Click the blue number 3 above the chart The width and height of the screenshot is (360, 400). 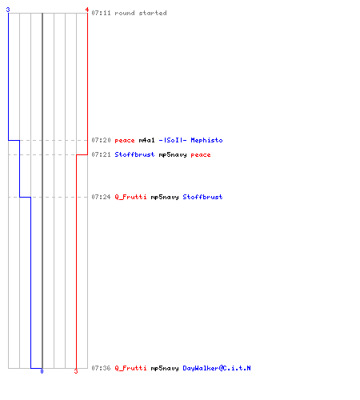pos(8,10)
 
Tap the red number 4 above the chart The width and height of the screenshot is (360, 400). pos(87,10)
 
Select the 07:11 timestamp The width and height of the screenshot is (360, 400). pos(101,13)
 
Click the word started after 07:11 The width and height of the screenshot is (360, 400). pos(153,13)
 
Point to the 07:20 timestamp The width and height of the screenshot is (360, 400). pos(101,140)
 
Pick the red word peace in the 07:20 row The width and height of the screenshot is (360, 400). pos(125,141)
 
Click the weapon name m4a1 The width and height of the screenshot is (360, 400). pos(146,140)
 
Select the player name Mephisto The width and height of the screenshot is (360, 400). pos(206,140)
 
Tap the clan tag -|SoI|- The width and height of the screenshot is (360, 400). pos(173,140)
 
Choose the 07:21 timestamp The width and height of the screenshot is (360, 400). pos(101,154)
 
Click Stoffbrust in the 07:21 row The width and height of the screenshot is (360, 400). pos(134,154)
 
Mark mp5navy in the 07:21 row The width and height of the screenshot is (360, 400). pos(173,155)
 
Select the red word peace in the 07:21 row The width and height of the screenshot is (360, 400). pos(201,155)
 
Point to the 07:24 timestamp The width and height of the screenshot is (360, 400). pos(101,197)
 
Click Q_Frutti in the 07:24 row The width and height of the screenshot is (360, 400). pos(130,197)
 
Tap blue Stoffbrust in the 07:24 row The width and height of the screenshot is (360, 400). pos(202,197)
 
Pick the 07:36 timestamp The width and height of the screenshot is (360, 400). pos(101,368)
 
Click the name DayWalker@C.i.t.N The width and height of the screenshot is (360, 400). pos(217,368)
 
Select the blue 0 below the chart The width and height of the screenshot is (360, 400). pos(42,371)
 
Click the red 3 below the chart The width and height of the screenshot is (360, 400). pos(76,371)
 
